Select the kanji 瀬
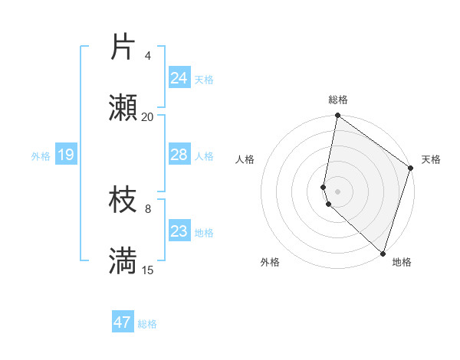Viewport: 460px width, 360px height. point(123,108)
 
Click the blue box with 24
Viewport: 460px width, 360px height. point(179,78)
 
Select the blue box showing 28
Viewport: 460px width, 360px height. point(179,155)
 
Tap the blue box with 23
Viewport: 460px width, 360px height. point(179,231)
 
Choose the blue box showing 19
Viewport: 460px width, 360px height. point(65,155)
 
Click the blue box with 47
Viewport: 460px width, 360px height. point(123,322)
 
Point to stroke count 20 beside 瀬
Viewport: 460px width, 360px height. point(147,116)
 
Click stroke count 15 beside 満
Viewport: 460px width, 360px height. point(147,270)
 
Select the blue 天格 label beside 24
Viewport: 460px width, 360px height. point(204,80)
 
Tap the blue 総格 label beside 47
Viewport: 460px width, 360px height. point(148,324)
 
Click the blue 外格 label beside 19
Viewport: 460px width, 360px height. point(41,156)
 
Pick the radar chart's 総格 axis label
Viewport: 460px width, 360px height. point(338,100)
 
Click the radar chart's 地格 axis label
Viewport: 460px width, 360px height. point(402,262)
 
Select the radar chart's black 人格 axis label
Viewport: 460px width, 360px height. point(245,159)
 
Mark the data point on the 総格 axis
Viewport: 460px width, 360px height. point(337,116)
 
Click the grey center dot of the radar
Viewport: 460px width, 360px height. point(337,190)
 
